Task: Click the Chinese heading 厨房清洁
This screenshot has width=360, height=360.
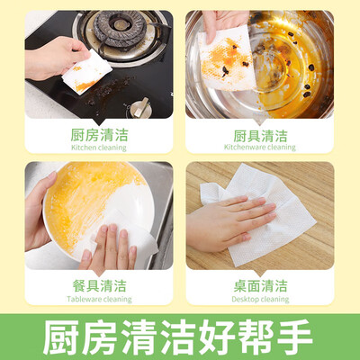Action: point(99,135)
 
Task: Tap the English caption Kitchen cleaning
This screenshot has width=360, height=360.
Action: point(99,148)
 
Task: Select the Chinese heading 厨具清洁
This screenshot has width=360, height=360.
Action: point(260,136)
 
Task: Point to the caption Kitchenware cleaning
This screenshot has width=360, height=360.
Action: point(260,147)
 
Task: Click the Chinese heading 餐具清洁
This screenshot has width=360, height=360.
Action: point(99,286)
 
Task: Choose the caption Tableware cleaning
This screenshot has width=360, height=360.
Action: point(99,299)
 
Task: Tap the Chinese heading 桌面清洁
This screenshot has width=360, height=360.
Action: point(260,286)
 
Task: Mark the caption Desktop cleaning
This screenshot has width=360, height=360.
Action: point(260,299)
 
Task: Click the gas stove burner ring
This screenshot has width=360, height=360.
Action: point(115,29)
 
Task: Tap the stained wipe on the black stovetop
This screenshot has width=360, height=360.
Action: point(87,73)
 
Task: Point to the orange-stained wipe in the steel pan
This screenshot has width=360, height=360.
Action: point(227,58)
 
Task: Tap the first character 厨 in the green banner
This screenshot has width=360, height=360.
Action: point(62,337)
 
